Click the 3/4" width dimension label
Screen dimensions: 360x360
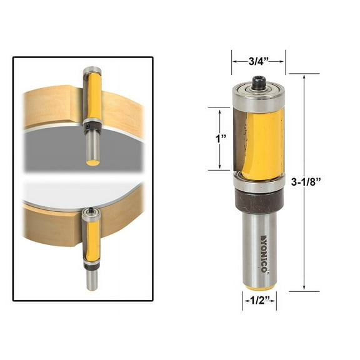pos(258,61)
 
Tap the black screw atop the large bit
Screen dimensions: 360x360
pos(258,80)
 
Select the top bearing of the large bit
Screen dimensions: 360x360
pos(258,95)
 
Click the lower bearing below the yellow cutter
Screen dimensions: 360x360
pos(258,183)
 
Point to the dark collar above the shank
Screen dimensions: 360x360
pos(258,201)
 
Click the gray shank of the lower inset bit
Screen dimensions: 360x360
pos(92,280)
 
